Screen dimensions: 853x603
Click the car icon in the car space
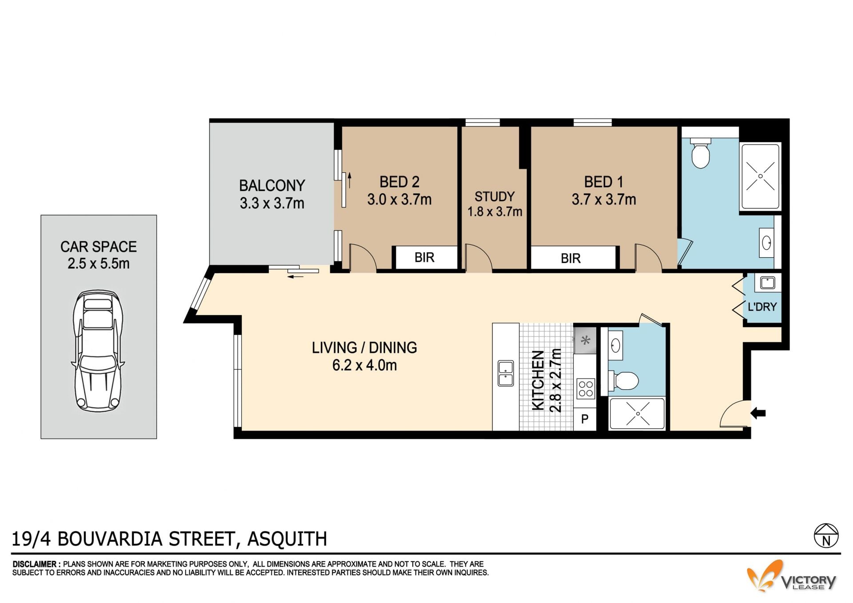[x=98, y=351]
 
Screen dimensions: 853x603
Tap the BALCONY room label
[x=272, y=185]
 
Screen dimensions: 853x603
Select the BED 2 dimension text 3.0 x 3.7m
[x=399, y=200]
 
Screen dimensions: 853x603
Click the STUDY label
[x=494, y=196]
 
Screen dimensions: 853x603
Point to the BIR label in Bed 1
[x=570, y=258]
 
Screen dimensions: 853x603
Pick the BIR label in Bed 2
[x=424, y=257]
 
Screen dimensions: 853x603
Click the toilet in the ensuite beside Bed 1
[x=701, y=153]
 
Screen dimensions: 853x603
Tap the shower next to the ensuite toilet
[x=760, y=176]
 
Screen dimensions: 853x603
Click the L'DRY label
[x=762, y=307]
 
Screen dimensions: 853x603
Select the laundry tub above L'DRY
[x=767, y=283]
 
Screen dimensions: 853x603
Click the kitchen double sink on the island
[x=506, y=373]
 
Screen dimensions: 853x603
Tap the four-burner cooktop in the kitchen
[x=586, y=389]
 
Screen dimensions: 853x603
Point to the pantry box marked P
[x=585, y=419]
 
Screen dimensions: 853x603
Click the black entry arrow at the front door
[x=758, y=413]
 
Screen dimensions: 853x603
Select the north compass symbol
[x=826, y=535]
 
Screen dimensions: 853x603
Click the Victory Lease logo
[x=791, y=576]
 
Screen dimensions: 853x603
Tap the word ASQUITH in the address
[x=287, y=539]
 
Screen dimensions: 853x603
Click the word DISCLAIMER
[x=35, y=564]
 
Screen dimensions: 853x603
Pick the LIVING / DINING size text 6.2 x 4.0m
[x=364, y=365]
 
